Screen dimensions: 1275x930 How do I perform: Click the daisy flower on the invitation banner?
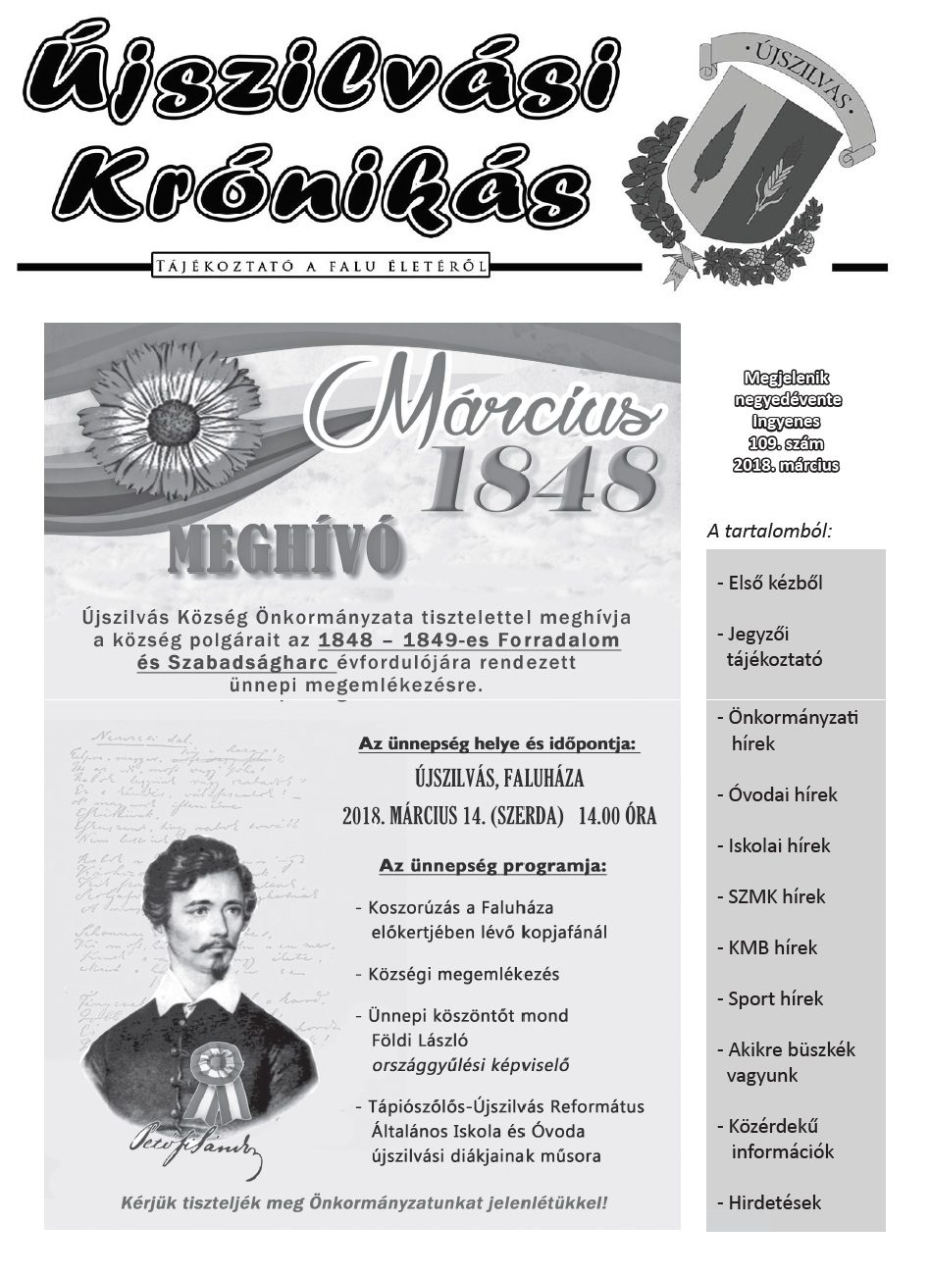[180, 420]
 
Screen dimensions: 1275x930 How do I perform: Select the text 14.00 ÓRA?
[617, 816]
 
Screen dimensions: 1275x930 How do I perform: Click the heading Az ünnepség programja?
[492, 867]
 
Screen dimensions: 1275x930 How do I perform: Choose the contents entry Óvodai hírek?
[782, 794]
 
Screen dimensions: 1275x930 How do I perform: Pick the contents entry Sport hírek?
[775, 998]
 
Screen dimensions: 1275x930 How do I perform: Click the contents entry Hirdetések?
[774, 1202]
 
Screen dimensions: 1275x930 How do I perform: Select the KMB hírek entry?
[772, 947]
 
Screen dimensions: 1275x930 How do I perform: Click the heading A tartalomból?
[769, 531]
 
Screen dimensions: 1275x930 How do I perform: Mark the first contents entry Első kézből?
[774, 583]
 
